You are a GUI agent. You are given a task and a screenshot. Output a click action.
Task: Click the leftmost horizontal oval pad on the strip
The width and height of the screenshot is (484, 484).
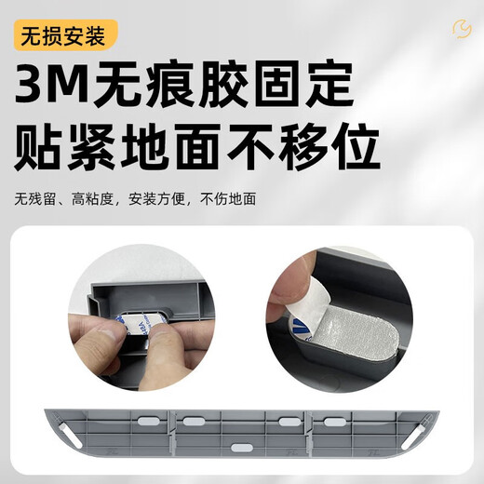pos(141,422)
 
